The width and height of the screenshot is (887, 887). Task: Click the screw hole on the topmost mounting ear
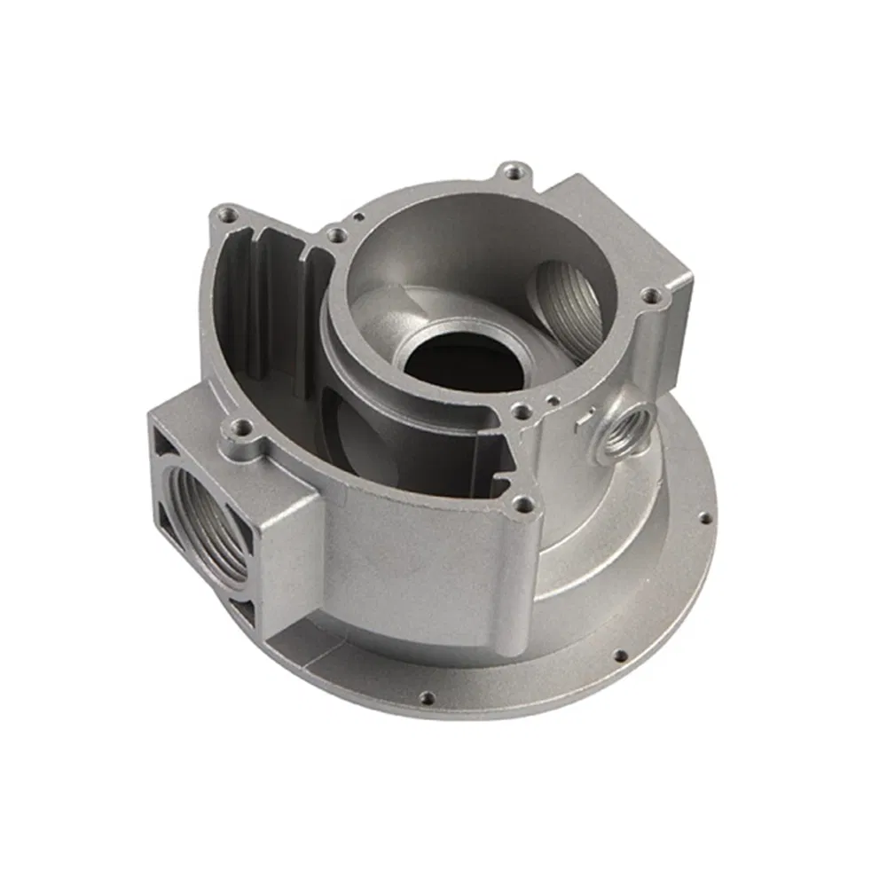[513, 171]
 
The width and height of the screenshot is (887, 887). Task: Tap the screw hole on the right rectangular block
[652, 296]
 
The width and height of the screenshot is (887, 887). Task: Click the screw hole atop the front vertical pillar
[523, 506]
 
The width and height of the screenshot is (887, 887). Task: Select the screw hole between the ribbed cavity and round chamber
[334, 235]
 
